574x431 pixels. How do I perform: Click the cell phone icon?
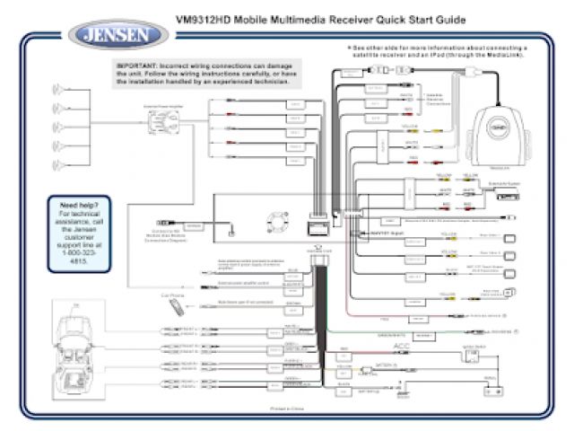point(177,308)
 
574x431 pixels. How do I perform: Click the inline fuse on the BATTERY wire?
point(366,371)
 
